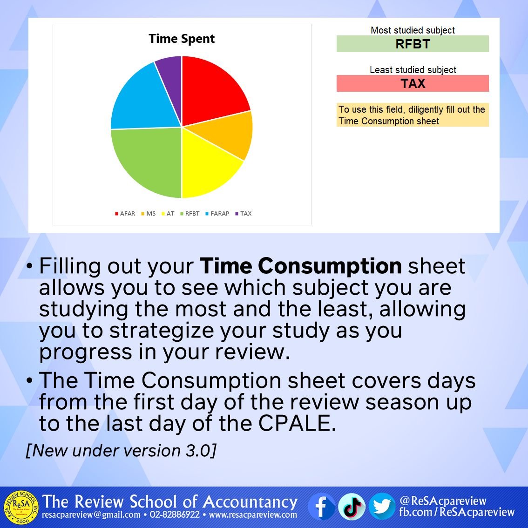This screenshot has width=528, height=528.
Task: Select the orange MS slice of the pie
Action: pyautogui.click(x=228, y=136)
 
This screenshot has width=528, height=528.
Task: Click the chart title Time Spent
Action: pyautogui.click(x=182, y=39)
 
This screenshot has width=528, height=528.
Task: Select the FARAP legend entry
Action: pyautogui.click(x=217, y=214)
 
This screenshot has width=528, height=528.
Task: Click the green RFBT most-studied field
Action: pyautogui.click(x=413, y=44)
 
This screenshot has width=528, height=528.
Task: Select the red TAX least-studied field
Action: pyautogui.click(x=413, y=84)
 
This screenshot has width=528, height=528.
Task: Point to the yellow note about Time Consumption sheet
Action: pyautogui.click(x=413, y=115)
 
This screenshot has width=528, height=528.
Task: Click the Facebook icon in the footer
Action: pyautogui.click(x=322, y=507)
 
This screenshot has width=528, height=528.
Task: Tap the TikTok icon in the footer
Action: pyautogui.click(x=352, y=507)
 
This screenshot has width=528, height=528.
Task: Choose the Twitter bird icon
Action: pyautogui.click(x=382, y=507)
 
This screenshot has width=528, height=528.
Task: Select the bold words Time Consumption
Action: pyautogui.click(x=301, y=266)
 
